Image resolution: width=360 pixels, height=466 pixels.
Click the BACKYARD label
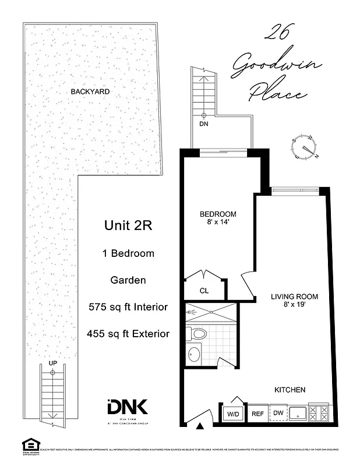[x=90, y=91]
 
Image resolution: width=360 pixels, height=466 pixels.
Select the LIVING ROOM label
[x=294, y=296]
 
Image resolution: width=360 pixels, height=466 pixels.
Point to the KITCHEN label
[x=290, y=390]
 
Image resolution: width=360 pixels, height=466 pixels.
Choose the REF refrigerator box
[x=257, y=414]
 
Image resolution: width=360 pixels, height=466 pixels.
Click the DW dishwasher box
[x=278, y=414]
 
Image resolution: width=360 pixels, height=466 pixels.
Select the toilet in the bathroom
[x=197, y=334]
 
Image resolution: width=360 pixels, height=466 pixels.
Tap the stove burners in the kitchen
[x=320, y=413]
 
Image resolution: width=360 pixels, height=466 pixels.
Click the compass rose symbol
[x=305, y=148]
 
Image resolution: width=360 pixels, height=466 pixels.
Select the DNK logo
[x=127, y=407]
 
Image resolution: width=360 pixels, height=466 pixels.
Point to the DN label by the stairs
[x=204, y=124]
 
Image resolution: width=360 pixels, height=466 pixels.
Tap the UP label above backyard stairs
[x=53, y=363]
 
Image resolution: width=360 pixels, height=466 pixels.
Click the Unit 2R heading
[x=128, y=225]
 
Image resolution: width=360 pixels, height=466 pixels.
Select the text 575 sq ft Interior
[x=128, y=306]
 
